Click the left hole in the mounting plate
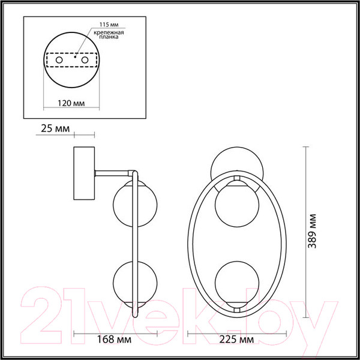[58, 61]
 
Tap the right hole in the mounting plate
[86, 61]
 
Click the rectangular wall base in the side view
[82, 174]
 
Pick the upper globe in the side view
[125, 205]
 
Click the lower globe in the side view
[125, 281]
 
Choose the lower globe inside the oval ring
[238, 283]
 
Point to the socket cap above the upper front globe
[238, 181]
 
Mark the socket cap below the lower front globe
[238, 308]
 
